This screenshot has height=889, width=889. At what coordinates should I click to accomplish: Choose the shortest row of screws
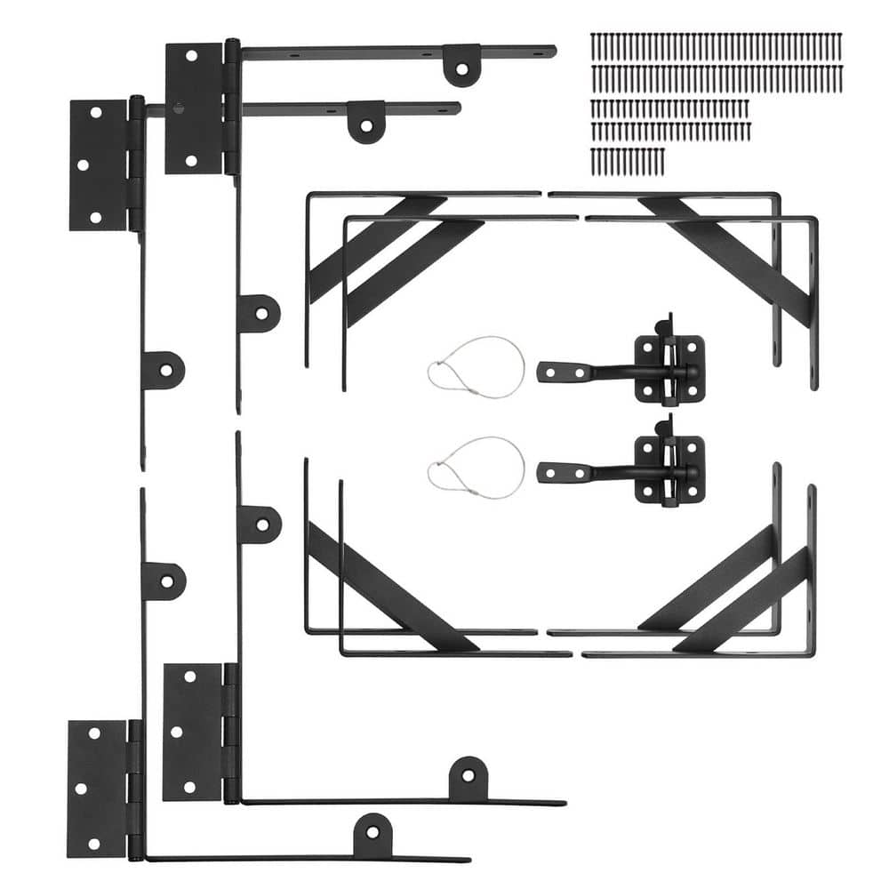click(x=627, y=160)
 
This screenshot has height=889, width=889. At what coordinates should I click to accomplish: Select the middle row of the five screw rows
click(x=669, y=108)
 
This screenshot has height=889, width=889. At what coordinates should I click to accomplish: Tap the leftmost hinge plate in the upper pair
click(x=98, y=164)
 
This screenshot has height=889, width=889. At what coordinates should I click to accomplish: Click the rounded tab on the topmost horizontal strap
click(x=461, y=65)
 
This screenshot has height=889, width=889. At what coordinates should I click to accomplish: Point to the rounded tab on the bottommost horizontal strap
click(x=372, y=835)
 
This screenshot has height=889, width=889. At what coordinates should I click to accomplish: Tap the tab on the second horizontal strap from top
click(x=365, y=121)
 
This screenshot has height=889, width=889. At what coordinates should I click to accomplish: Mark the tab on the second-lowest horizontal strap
click(x=467, y=778)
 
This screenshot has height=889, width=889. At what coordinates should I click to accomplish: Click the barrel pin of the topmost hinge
click(x=232, y=107)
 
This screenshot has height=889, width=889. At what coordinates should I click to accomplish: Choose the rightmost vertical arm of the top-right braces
click(x=813, y=302)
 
